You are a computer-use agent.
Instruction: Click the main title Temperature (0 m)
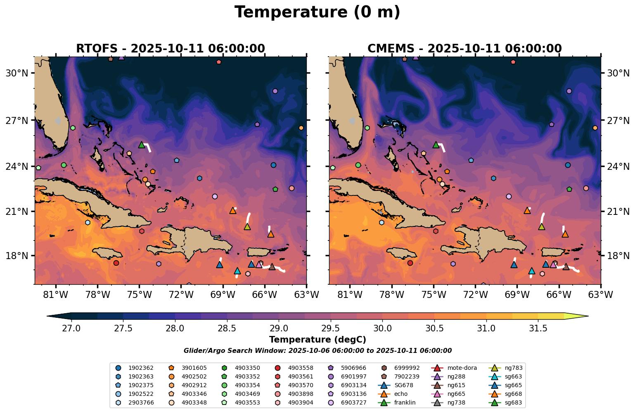click(317, 12)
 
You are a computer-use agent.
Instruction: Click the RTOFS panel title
click(170, 49)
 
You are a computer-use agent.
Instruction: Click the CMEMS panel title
click(464, 49)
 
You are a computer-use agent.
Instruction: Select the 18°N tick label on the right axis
click(618, 256)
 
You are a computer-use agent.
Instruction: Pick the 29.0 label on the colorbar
click(279, 329)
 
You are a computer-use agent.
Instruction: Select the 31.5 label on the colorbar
click(538, 329)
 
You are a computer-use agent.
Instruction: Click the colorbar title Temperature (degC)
click(317, 340)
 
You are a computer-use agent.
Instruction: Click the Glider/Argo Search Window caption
click(317, 351)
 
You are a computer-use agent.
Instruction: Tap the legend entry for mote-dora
click(462, 368)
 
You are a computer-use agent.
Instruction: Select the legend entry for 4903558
click(300, 368)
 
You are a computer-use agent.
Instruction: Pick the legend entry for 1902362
click(140, 368)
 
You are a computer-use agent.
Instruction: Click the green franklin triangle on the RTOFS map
click(142, 145)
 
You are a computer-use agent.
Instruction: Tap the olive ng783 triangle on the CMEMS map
click(542, 226)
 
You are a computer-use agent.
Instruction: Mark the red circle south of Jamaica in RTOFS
click(116, 263)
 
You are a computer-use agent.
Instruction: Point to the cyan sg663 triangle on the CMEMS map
click(532, 271)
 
